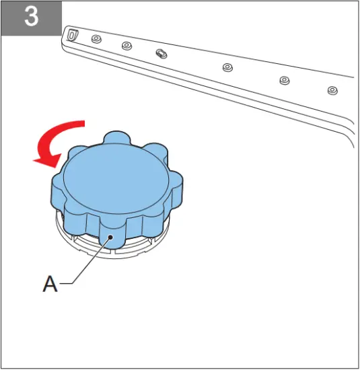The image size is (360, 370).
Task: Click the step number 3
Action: point(31,17)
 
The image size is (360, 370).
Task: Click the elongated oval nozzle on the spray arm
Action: point(161,52)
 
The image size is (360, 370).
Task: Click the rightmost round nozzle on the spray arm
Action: point(332,89)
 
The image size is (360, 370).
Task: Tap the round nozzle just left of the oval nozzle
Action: point(127,46)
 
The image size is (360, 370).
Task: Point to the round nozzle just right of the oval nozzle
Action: point(227,67)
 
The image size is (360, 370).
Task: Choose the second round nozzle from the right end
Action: point(284,80)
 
